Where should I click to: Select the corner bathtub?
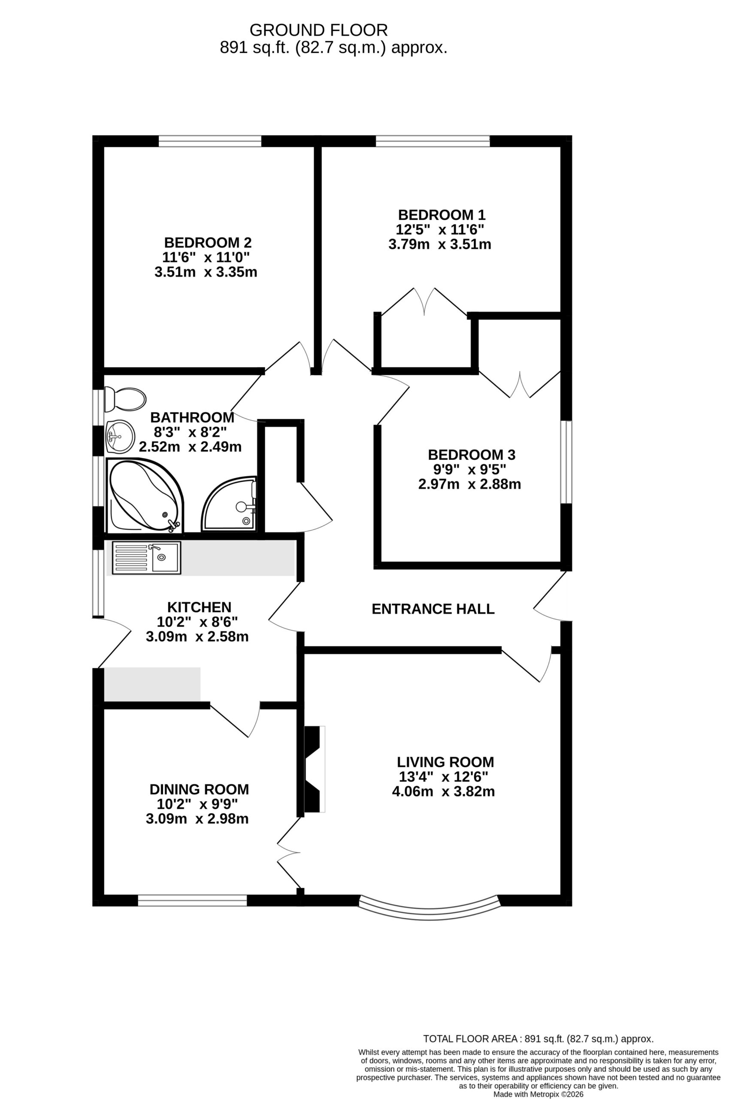click(145, 495)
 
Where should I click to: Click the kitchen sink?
click(146, 558)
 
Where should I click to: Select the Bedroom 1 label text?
click(442, 215)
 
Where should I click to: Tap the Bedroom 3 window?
click(566, 462)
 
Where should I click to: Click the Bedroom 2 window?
click(210, 141)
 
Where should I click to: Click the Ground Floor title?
click(318, 30)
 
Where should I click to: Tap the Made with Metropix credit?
click(539, 1094)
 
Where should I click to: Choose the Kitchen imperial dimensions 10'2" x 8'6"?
click(197, 621)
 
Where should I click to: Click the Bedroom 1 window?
click(433, 141)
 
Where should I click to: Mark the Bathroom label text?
click(192, 418)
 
